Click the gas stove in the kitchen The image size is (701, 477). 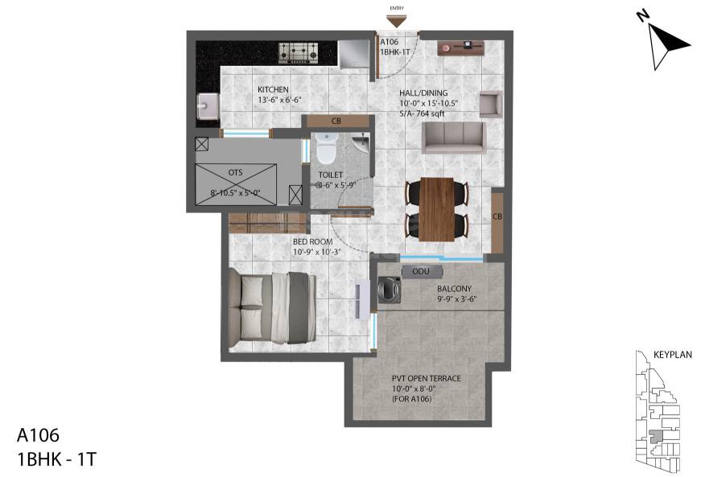click(298, 53)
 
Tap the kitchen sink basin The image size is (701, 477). click(206, 105)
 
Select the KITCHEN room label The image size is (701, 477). click(274, 89)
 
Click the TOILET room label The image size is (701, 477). click(331, 175)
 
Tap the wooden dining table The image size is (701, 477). click(439, 208)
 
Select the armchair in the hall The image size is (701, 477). click(490, 105)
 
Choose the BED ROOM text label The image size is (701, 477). click(312, 241)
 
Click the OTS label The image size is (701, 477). click(235, 172)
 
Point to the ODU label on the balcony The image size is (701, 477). click(420, 272)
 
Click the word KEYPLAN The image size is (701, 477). click(672, 355)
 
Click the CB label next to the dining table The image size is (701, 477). click(497, 217)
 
